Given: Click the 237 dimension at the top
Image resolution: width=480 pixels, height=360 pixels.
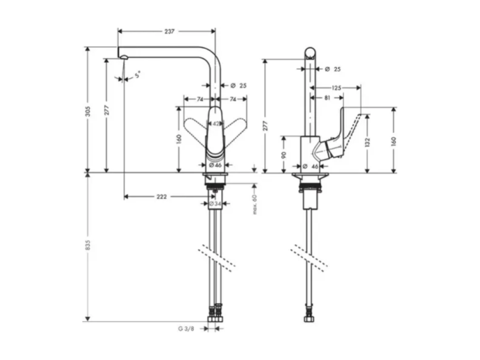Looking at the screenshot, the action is click(169, 31).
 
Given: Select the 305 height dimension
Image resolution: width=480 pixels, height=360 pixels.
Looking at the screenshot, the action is click(88, 111).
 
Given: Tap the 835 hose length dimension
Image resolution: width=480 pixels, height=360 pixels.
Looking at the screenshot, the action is click(88, 245).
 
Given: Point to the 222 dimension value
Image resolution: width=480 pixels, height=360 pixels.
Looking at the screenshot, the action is click(162, 196).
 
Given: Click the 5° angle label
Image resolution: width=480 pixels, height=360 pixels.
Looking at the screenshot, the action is click(137, 74).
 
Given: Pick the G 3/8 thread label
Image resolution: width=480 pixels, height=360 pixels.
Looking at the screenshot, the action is click(186, 329).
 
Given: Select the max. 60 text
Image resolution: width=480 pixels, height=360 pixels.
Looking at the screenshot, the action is click(254, 204).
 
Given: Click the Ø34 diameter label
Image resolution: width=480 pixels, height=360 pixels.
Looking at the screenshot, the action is click(215, 203).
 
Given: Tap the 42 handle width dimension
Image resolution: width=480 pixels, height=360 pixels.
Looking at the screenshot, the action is click(216, 124).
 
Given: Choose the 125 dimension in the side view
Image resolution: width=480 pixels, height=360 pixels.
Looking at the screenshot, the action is click(336, 88).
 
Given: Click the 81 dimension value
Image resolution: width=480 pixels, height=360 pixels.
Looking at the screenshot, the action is click(327, 98).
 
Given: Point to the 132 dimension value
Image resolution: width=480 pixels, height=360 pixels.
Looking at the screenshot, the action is click(368, 143).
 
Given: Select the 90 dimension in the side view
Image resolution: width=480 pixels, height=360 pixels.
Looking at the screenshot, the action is click(284, 155).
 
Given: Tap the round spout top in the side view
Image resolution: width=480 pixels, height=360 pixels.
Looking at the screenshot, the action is click(310, 53).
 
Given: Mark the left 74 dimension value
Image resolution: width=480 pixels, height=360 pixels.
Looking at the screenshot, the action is click(200, 99).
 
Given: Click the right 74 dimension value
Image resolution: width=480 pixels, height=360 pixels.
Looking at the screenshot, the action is click(233, 99).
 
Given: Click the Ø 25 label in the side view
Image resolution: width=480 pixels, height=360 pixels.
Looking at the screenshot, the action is click(333, 69).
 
